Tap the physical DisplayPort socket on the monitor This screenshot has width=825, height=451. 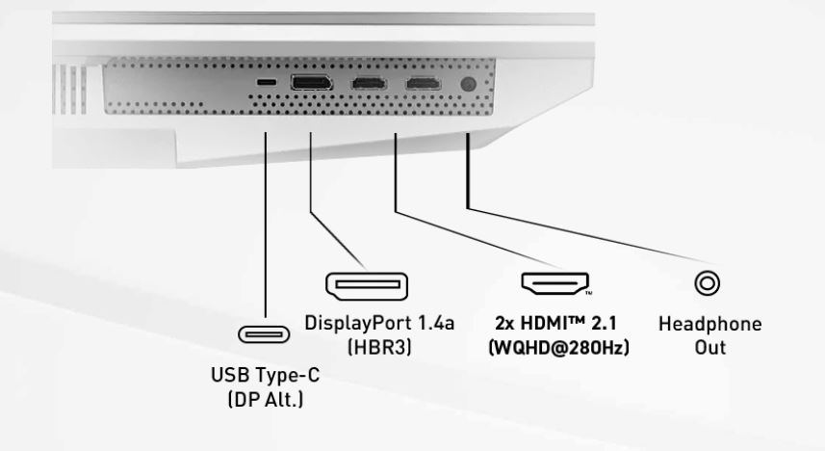point(311,83)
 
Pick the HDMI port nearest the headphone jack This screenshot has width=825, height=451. point(422,84)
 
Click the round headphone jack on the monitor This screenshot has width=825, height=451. point(469,85)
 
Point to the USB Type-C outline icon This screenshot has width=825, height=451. point(263,335)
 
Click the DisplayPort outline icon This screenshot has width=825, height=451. point(365,285)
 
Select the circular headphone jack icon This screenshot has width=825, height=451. point(709,283)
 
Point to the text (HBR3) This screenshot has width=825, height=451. point(367,347)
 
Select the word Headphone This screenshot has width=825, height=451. point(709,325)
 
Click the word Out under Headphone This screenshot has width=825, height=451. point(709,347)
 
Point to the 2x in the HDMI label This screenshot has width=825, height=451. point(506,325)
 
